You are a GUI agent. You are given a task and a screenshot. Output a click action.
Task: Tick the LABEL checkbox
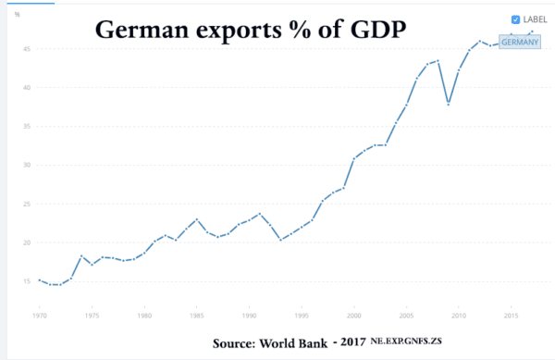(515, 19)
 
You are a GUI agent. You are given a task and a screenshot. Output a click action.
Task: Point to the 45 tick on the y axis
(29, 48)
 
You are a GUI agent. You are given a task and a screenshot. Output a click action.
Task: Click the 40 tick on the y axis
(29, 88)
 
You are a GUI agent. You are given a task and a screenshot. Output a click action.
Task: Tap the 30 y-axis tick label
(29, 166)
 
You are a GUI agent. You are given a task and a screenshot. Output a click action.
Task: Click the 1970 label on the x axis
(39, 316)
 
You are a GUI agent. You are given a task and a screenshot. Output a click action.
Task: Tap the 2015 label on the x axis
(512, 316)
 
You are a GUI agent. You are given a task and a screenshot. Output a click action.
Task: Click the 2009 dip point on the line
(449, 104)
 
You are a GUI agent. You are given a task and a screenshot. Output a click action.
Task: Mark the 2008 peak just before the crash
(438, 61)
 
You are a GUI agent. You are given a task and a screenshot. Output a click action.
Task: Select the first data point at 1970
(39, 279)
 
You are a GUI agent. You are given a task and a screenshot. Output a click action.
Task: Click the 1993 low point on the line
(280, 240)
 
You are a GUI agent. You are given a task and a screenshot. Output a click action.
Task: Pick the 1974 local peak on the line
(81, 255)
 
